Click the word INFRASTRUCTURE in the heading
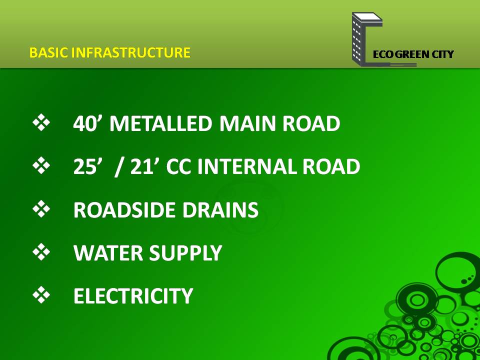tap(131, 52)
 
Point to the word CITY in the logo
tap(442, 54)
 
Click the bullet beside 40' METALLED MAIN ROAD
tap(41, 122)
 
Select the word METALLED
tap(160, 123)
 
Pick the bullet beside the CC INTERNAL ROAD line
tap(41, 165)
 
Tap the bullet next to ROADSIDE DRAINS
tap(41, 209)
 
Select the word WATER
tap(108, 253)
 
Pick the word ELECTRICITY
tap(133, 296)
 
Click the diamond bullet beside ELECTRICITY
tap(41, 295)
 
